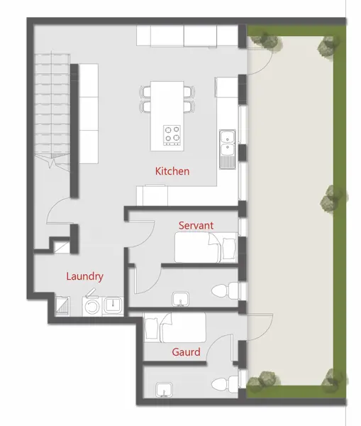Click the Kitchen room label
click(172, 171)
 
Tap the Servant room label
click(196, 225)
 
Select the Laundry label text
click(85, 276)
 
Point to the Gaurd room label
click(186, 351)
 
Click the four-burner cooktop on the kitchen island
click(172, 135)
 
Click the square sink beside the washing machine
click(113, 305)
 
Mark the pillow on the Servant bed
click(228, 248)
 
